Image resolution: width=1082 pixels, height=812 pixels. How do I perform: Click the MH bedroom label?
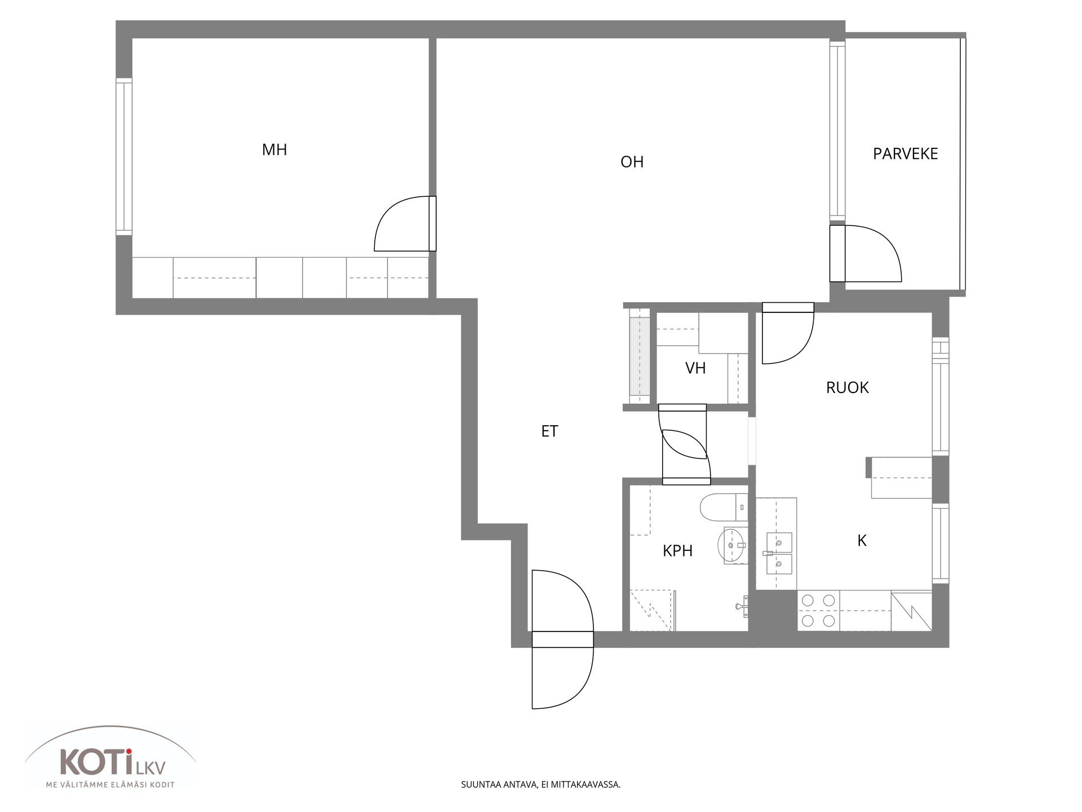point(274,149)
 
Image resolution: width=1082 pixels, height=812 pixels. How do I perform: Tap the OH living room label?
point(632,162)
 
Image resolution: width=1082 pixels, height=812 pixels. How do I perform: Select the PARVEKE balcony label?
point(905,153)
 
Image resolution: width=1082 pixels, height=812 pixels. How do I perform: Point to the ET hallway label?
point(549,431)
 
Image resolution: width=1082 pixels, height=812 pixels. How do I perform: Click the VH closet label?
point(695,368)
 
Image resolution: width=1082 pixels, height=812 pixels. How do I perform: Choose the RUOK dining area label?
point(847,387)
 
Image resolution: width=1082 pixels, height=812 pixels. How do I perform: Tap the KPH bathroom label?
point(677,550)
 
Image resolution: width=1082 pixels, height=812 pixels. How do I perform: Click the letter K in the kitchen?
point(862,540)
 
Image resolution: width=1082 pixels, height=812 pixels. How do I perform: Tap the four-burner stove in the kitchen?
point(818,611)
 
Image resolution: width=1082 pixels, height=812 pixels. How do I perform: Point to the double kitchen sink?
point(778,552)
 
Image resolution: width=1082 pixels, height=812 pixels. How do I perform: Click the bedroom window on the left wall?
point(123,157)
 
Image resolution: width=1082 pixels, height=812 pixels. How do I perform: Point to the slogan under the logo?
point(110,785)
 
